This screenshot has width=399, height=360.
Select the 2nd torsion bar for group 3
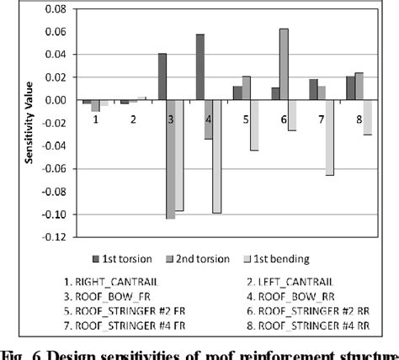point(171,159)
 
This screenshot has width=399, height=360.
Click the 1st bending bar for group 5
point(253,125)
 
